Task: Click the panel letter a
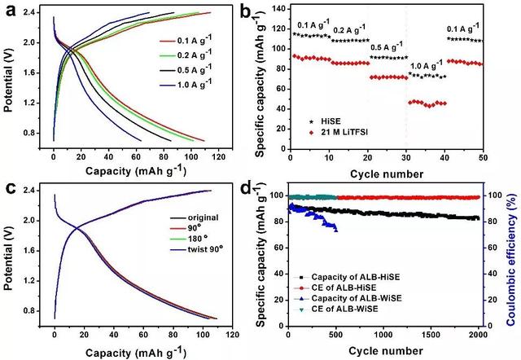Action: click(x=9, y=11)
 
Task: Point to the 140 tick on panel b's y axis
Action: click(x=278, y=7)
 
